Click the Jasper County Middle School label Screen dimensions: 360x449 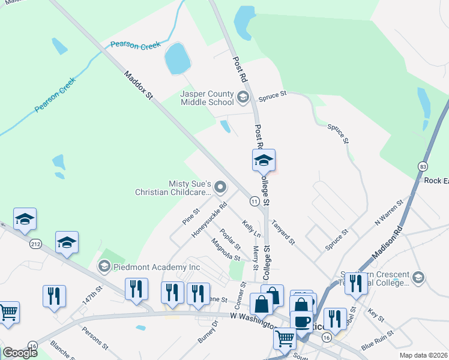pos(207,98)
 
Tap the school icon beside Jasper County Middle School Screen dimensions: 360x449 pos(243,97)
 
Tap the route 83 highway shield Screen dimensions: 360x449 pos(424,166)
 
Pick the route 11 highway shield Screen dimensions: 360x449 pos(255,202)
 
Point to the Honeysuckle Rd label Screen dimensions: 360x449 pos(209,220)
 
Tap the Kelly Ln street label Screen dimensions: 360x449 pos(251,228)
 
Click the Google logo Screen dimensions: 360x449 pos(20,353)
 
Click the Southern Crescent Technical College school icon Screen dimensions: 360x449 pos(419,277)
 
